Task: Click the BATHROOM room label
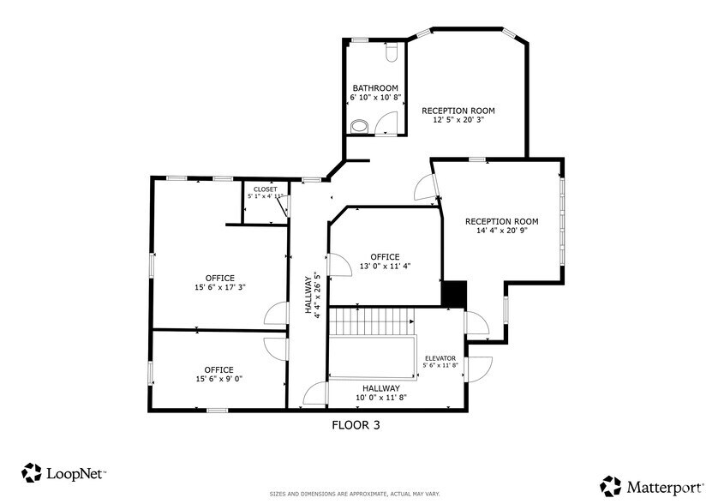375,88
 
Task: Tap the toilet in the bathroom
392,53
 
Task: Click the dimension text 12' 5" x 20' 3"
458,120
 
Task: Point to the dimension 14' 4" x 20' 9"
501,231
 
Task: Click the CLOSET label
265,189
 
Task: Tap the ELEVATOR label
440,358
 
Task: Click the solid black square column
453,293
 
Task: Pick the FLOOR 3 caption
355,424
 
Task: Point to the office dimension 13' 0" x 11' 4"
385,266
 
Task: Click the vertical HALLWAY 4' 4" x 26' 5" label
312,296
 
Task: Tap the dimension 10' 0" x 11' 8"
380,398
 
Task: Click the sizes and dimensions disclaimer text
356,494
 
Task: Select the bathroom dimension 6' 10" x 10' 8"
375,98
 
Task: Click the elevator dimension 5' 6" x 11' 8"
440,366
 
